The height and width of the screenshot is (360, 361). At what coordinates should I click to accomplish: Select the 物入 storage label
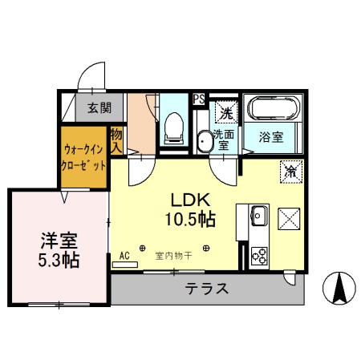pos(117,140)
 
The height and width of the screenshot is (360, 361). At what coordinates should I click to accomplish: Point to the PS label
pos(199,99)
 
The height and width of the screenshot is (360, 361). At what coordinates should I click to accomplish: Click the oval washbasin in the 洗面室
pos(204,141)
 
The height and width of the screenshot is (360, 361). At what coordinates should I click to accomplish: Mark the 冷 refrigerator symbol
pos(290,170)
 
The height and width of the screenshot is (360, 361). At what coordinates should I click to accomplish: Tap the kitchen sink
pos(258,216)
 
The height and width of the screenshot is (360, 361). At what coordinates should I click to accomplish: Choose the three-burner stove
pos(259,255)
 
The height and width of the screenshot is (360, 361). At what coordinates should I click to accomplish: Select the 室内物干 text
pos(175,257)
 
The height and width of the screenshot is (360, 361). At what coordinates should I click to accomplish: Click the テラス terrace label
pos(207,289)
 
